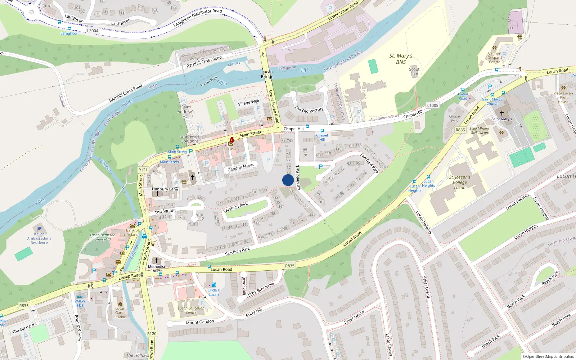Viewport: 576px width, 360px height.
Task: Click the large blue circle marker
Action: (288, 180)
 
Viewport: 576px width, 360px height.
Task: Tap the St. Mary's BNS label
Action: (401, 59)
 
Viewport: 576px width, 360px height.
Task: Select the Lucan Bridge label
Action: (267, 74)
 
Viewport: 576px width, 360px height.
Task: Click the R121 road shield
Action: (143, 170)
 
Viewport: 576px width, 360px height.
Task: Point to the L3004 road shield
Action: (93, 31)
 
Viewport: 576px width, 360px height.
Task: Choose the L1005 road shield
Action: (433, 105)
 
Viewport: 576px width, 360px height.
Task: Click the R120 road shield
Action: (152, 333)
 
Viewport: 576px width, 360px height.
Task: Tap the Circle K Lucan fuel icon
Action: (213, 285)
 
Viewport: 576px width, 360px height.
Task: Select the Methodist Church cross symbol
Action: (156, 260)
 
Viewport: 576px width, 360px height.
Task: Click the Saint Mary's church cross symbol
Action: (501, 113)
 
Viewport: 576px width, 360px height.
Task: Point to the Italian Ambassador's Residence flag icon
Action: (39, 229)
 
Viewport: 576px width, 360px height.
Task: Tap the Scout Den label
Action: (414, 72)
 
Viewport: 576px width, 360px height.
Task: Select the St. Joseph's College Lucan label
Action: (460, 182)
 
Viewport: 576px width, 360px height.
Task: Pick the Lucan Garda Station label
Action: (120, 312)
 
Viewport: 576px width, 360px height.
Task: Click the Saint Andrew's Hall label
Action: (186, 112)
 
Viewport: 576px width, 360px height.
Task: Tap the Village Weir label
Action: (248, 103)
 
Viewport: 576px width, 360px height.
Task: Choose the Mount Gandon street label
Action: (200, 322)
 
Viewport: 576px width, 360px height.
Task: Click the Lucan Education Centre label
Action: (191, 310)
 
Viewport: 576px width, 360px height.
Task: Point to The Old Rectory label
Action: (309, 109)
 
